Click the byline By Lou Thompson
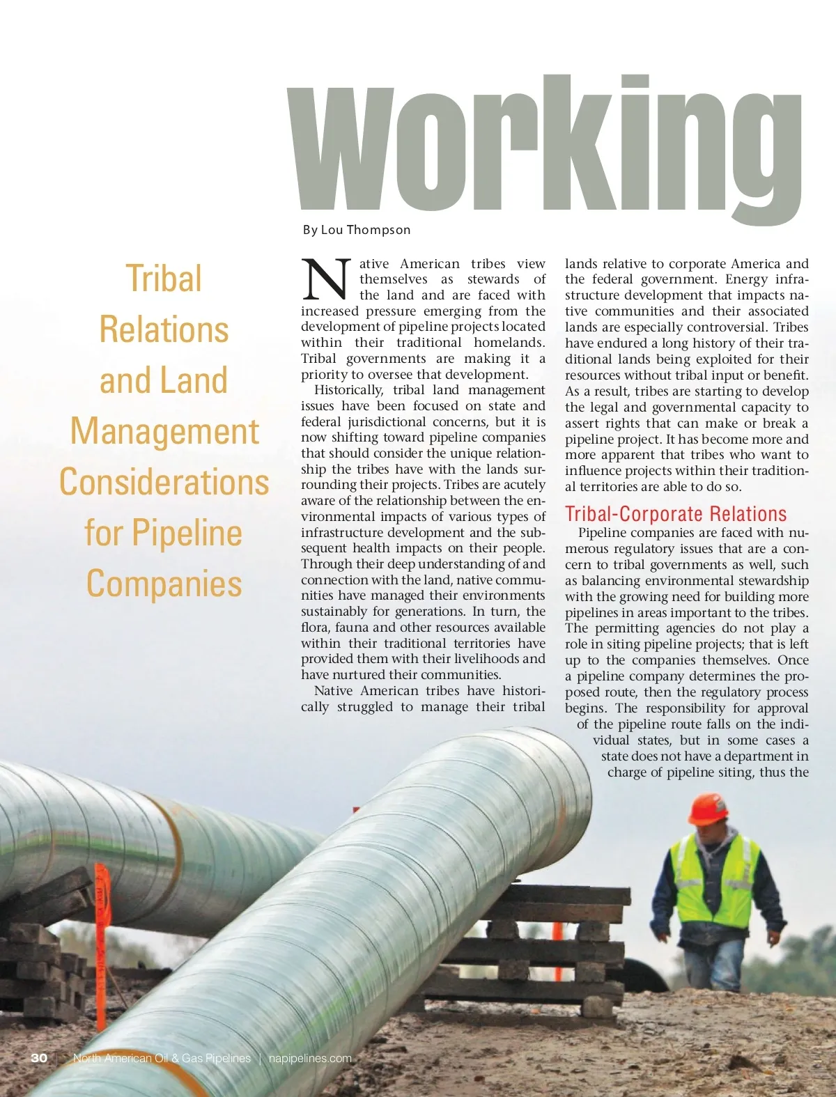pos(357,230)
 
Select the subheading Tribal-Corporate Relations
pos(675,514)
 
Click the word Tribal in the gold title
pos(164,279)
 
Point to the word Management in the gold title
pos(164,431)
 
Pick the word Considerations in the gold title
pos(164,482)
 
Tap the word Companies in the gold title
pos(164,584)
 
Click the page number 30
pos(39,1058)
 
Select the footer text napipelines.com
pos(310,1058)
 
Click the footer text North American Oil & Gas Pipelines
pos(162,1058)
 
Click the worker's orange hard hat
pos(709,808)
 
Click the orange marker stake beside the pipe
pos(102,926)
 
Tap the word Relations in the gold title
pos(164,329)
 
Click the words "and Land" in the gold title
pos(164,380)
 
